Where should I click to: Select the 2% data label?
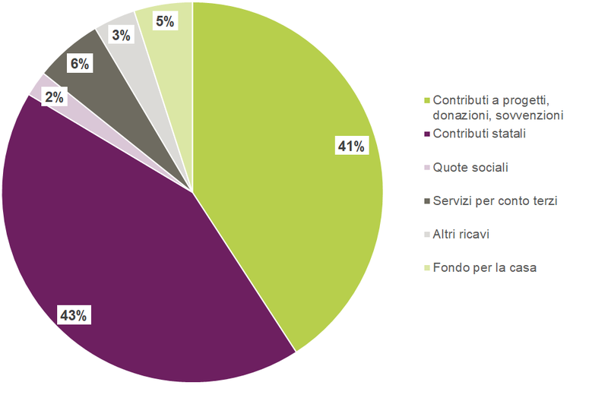[54, 96]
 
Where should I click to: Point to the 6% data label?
[80, 64]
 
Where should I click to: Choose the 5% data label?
[165, 21]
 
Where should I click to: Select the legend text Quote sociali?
[470, 167]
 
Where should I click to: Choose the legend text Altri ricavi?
[461, 234]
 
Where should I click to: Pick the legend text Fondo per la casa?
[485, 267]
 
